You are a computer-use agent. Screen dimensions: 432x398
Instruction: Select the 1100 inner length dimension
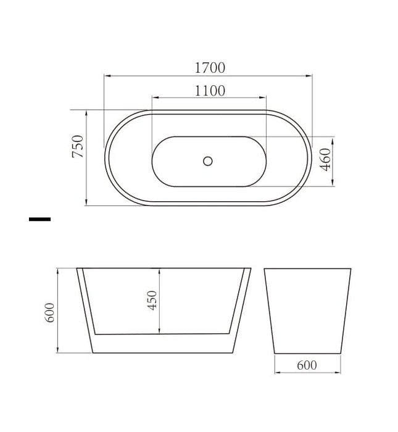[x=210, y=91]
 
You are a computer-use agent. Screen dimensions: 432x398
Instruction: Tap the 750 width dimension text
[x=78, y=146]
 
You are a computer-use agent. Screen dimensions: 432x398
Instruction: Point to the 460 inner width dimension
[x=326, y=159]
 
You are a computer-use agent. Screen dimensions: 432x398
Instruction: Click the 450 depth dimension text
[x=152, y=300]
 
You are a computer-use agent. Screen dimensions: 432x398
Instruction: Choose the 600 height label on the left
[x=50, y=312]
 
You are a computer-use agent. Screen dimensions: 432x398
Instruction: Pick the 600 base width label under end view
[x=307, y=365]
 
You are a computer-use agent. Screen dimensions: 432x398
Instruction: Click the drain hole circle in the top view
[x=208, y=161]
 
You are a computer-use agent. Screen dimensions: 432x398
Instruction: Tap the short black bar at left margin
[x=39, y=219]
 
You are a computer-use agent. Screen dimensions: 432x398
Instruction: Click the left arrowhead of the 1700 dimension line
[x=107, y=76]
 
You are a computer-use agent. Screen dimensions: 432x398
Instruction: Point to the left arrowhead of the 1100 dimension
[x=154, y=98]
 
